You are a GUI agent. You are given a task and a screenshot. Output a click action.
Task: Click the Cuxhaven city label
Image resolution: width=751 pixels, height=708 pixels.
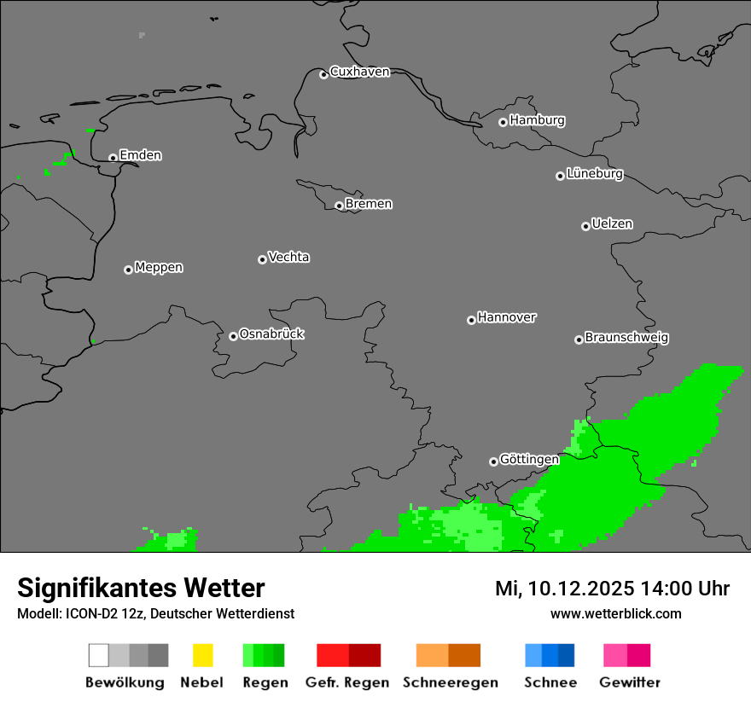point(359,73)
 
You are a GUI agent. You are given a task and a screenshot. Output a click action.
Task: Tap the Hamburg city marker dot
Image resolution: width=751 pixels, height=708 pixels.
point(503,122)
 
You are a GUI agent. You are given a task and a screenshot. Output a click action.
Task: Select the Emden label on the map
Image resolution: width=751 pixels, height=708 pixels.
point(140,155)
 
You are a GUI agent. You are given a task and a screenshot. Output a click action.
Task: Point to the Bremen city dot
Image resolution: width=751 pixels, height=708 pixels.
point(339,206)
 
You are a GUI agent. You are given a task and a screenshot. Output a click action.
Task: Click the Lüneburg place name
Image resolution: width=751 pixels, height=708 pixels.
point(594,174)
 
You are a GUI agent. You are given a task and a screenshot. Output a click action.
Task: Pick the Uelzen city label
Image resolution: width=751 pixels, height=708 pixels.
point(612,224)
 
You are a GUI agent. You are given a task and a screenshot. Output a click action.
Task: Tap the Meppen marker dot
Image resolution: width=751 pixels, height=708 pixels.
point(128,270)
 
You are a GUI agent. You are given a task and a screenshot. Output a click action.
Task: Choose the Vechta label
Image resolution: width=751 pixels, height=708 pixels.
point(288,258)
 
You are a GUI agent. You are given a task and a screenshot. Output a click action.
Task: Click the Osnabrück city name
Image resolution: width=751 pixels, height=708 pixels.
point(271,334)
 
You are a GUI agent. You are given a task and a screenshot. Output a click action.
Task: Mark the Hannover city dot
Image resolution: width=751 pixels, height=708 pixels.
point(471,320)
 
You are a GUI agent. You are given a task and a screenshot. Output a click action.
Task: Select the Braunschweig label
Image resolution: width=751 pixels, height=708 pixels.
point(626,338)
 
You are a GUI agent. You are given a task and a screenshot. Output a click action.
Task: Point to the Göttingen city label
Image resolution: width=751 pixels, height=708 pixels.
point(529,460)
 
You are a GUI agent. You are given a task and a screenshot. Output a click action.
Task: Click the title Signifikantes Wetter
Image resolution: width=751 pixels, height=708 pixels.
point(141,589)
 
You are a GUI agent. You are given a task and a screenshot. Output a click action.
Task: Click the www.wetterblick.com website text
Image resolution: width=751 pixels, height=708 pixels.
point(615,614)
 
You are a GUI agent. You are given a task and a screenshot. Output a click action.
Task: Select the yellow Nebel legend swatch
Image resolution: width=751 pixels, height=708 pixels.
point(202,655)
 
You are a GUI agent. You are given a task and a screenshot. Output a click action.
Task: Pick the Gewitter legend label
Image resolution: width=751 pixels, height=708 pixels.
point(629,682)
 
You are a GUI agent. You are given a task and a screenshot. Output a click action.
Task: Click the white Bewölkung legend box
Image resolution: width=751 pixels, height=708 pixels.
point(99,655)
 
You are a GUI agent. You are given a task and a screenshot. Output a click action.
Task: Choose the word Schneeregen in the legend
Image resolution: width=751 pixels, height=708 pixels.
point(450,682)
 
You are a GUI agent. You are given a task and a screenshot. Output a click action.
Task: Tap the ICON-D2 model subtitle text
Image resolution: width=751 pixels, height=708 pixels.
point(155,614)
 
